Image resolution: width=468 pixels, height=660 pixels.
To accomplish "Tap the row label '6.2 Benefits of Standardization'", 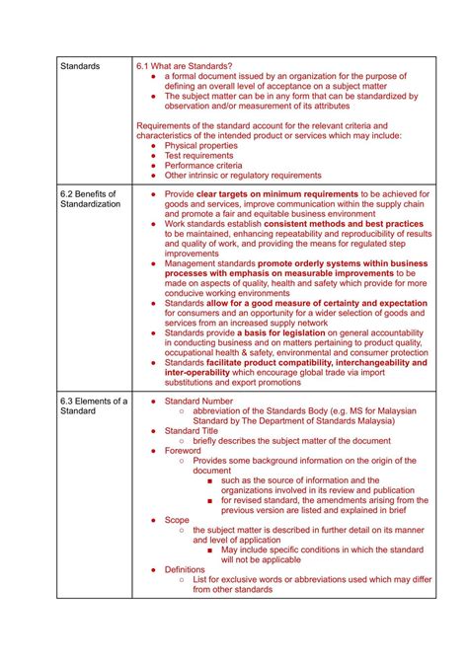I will point(89,199).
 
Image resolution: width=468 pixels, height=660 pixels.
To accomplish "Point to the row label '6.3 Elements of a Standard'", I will point(94,407).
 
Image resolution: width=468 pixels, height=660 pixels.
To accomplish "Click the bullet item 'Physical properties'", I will point(200,145).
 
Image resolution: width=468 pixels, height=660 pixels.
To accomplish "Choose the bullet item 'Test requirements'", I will point(198,156).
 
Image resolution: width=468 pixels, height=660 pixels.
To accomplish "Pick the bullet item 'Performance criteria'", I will point(202,166).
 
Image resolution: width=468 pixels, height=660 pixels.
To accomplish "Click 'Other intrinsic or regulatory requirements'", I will point(243,176).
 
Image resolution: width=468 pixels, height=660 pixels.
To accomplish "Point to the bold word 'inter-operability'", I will point(200,373).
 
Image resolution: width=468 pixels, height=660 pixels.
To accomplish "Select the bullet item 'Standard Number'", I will point(198,401).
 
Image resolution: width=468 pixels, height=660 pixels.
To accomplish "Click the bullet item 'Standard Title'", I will point(191,430).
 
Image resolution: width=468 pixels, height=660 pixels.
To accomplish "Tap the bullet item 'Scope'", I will point(177,519).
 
